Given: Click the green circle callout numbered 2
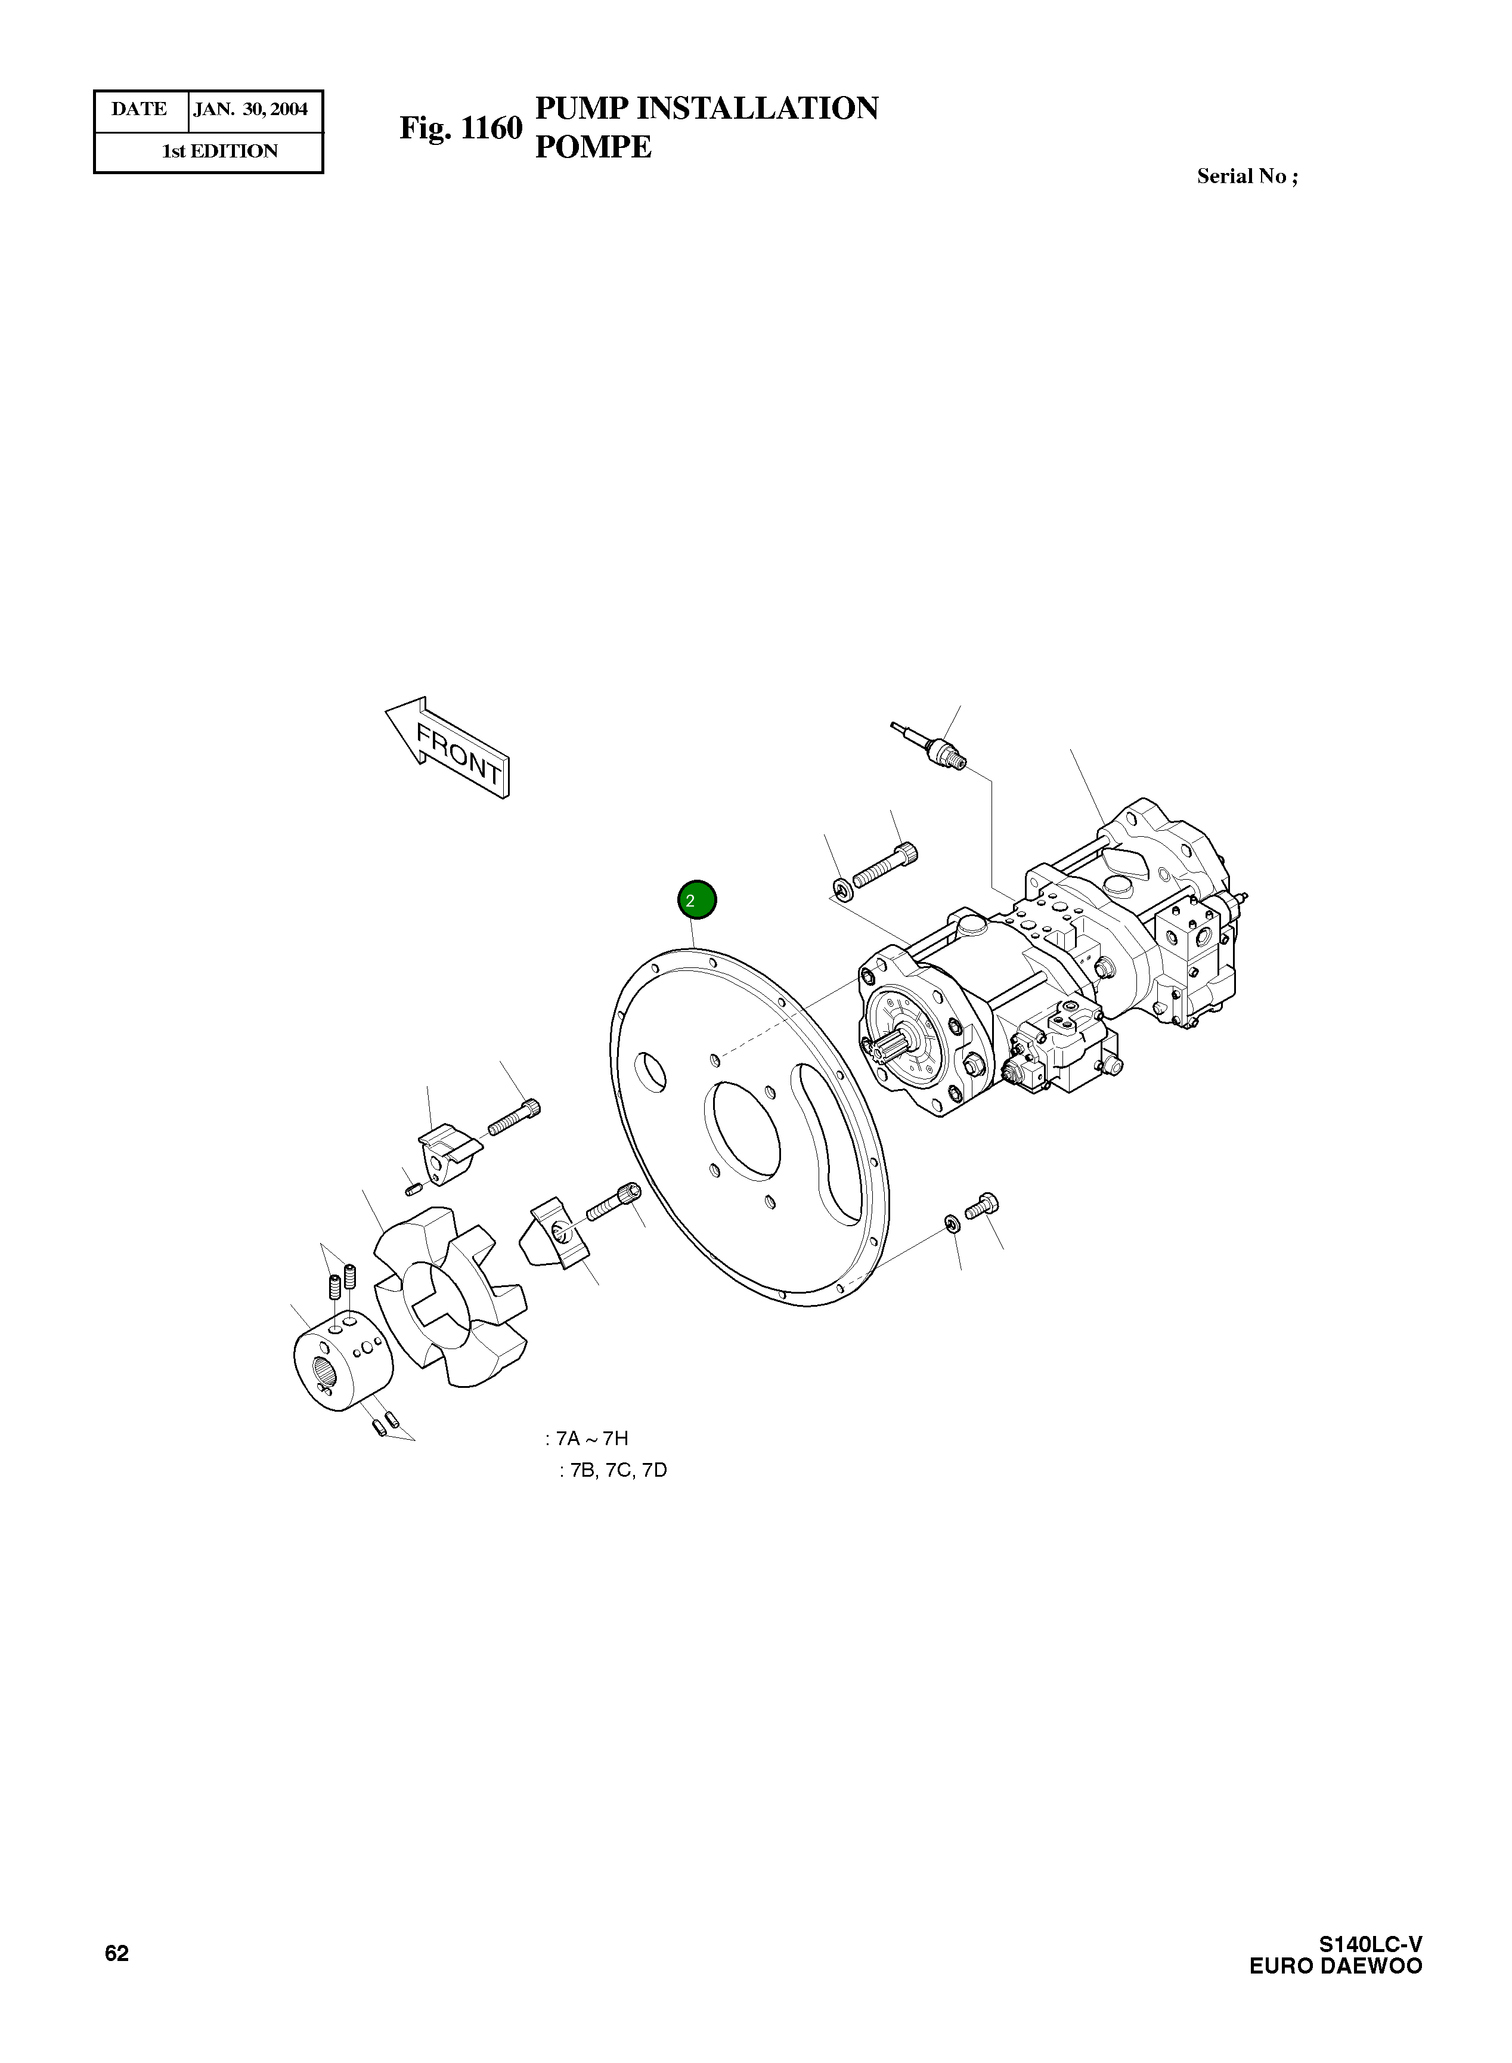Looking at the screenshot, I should point(696,900).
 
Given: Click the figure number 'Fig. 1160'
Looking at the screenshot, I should point(460,128).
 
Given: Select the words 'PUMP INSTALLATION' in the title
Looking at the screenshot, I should point(706,108).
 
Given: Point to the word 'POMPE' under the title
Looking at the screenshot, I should point(593,147).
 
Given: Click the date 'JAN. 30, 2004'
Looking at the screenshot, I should point(252,110).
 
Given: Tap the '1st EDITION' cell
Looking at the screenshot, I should point(219,151).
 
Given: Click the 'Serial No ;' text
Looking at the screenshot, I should point(1247,177).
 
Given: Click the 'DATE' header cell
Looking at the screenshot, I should point(139,110).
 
